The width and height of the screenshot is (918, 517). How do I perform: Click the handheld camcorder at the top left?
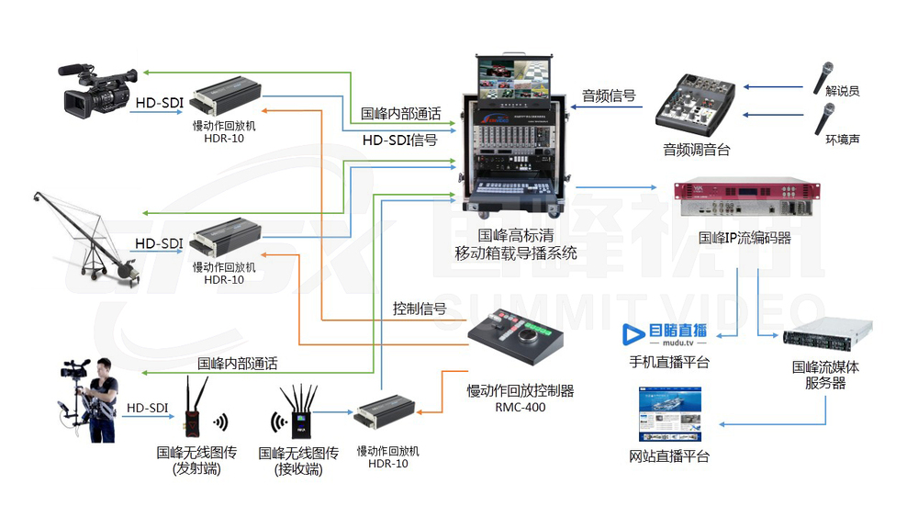point(97,88)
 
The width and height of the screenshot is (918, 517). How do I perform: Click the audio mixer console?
point(696,101)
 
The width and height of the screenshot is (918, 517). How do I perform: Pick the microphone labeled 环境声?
point(823,120)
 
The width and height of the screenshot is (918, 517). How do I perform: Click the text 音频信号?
point(609,96)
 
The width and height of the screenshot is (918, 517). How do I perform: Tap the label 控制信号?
point(420,309)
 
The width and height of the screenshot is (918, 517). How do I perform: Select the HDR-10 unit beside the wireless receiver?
point(387,412)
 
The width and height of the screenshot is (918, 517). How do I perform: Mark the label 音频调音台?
point(696,150)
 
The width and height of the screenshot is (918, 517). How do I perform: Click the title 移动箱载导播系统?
point(516,253)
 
